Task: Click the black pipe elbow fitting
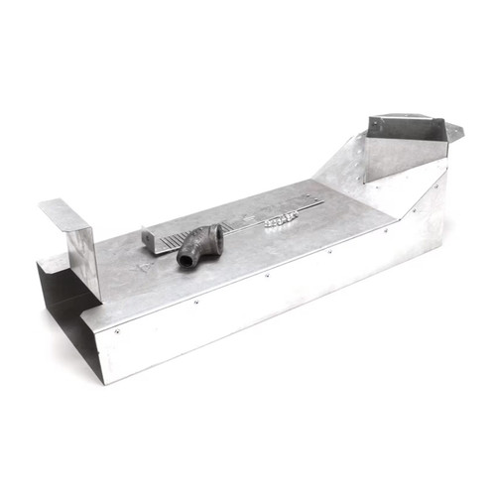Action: point(200,245)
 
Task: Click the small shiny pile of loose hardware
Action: point(282,219)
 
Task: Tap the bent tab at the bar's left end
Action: point(149,242)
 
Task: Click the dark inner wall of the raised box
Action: point(405,129)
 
